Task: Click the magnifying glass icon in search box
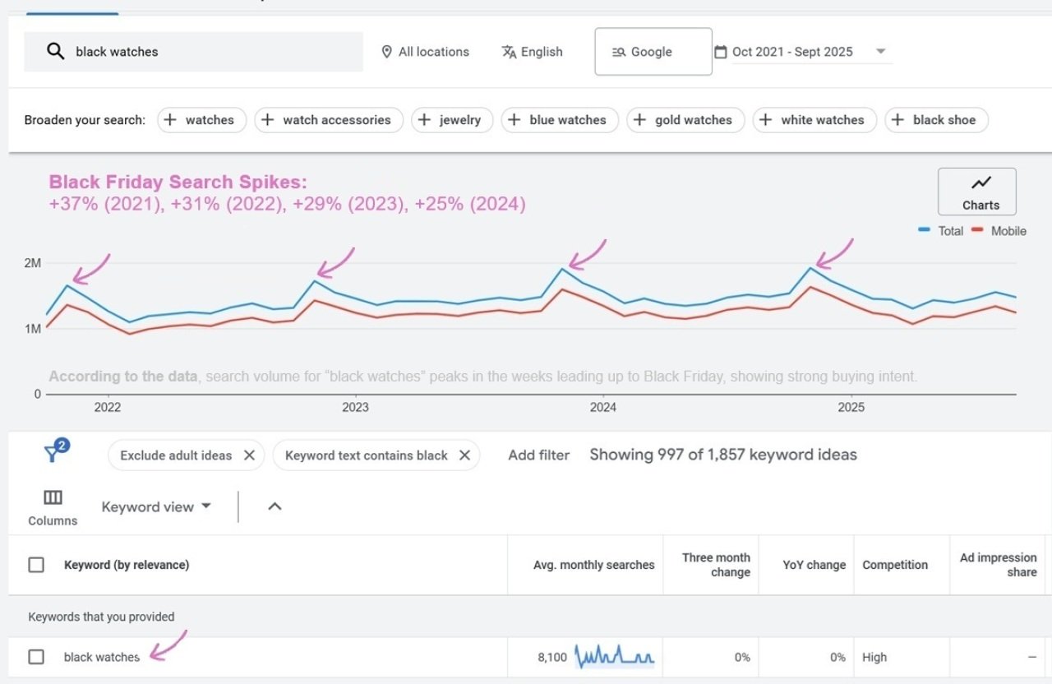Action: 55,52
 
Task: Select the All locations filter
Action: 425,52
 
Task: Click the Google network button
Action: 653,52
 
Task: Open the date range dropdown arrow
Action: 880,52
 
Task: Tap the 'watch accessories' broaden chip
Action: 328,120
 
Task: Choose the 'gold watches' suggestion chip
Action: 685,120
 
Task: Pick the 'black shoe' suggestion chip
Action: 935,120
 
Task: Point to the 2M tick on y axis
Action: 32,263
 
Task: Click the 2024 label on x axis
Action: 602,407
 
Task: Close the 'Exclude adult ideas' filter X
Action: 249,455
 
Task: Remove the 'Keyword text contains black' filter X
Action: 464,455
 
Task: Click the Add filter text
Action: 538,455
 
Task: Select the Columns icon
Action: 53,498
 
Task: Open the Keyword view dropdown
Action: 156,506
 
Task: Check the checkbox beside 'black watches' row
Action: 36,657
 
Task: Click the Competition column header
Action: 894,565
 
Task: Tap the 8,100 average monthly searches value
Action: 551,657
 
